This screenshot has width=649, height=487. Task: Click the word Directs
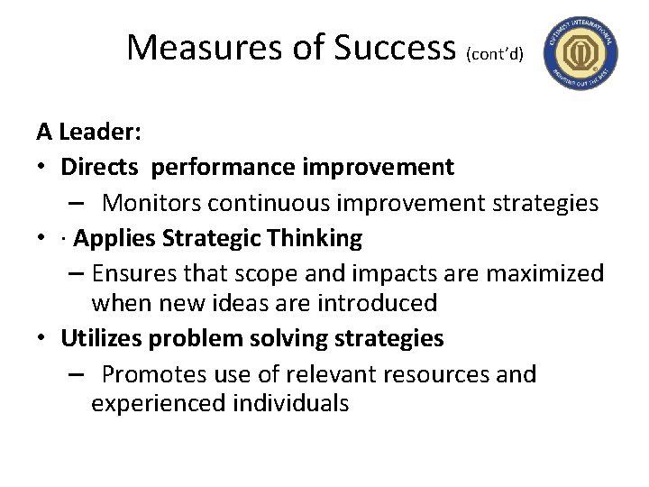coord(99,167)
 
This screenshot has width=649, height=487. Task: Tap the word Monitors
coord(152,202)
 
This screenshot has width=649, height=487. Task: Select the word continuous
coord(271,202)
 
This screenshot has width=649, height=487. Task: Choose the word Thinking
coord(314,238)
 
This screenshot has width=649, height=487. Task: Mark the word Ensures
coord(134,272)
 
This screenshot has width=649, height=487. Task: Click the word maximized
coord(541,272)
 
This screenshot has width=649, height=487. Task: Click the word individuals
coord(288,403)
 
